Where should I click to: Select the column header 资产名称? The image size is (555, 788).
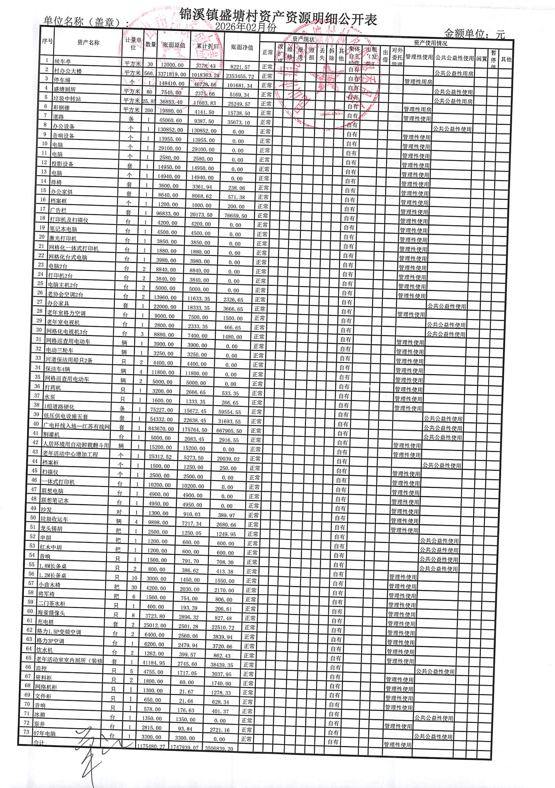tap(88, 42)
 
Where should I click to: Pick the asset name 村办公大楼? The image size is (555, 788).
tap(68, 71)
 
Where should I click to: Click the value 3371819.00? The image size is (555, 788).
tap(171, 74)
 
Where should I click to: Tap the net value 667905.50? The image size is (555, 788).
tap(229, 431)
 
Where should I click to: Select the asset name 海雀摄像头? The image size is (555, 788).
tap(51, 612)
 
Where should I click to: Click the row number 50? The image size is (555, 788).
tap(33, 517)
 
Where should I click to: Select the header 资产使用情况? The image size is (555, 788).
tap(430, 43)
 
